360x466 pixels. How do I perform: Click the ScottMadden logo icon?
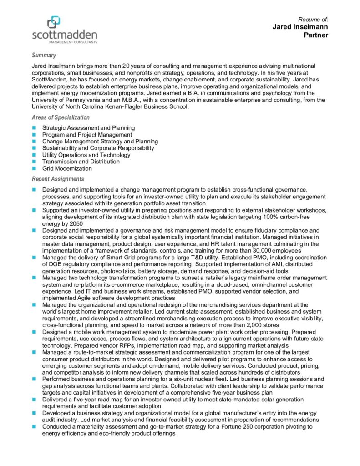tap(53, 22)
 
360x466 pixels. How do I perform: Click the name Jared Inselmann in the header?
tap(300, 27)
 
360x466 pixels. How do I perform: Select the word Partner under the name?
tap(316, 35)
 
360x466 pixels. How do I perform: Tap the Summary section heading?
tap(44, 55)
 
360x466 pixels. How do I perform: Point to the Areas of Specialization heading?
tap(61, 117)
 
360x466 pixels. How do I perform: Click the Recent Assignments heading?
tap(58, 179)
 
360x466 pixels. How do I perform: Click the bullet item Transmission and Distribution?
tap(81, 162)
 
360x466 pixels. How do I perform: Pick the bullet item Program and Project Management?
tap(87, 135)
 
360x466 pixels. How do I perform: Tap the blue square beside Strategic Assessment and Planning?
tap(34, 128)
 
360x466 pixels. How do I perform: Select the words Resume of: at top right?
tap(313, 19)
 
